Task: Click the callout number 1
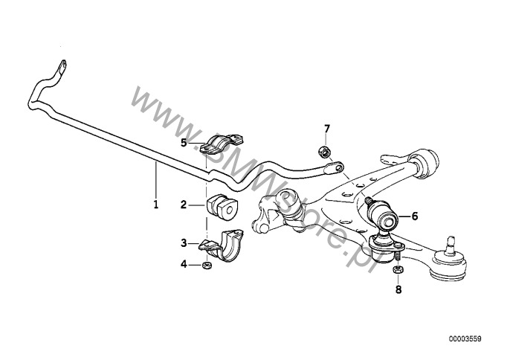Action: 156,205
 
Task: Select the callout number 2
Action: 184,205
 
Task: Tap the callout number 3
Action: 184,242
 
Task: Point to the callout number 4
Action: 184,265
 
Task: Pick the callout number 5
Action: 184,143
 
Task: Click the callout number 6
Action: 415,216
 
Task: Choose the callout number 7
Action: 327,129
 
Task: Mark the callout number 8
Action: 398,289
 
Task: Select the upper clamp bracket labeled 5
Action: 222,144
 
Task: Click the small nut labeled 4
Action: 206,266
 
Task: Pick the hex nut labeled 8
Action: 398,269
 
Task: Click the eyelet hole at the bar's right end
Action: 339,167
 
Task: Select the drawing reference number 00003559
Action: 465,339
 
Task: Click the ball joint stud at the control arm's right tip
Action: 451,245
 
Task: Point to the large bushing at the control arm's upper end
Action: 424,163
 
